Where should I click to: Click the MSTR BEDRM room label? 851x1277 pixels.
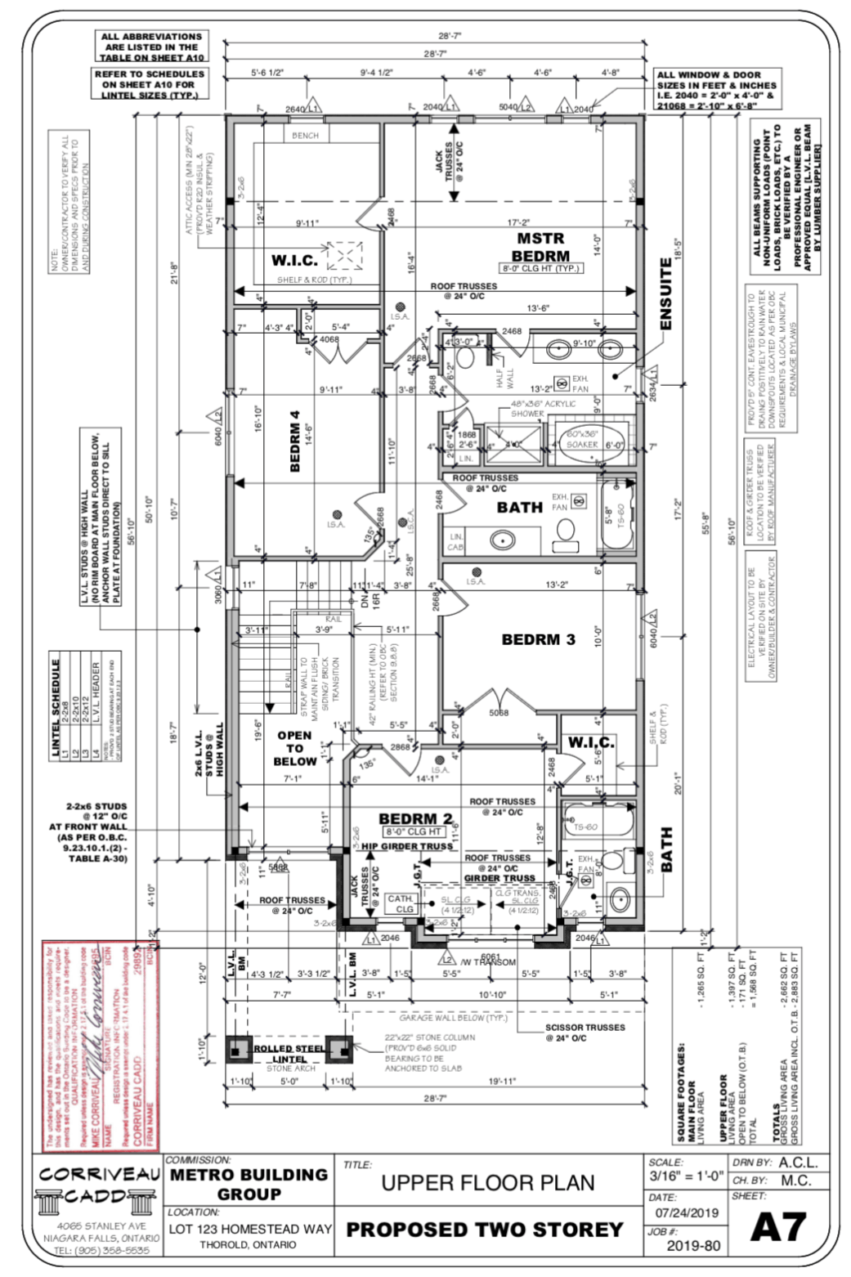point(540,247)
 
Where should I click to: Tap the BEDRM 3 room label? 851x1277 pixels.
point(538,639)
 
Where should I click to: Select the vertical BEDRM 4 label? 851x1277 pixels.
point(294,442)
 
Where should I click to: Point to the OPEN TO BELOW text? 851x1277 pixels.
point(294,748)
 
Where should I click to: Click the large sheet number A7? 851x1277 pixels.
point(778,1227)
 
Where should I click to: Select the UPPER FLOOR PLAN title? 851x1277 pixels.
point(488,1182)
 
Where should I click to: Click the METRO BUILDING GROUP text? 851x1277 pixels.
point(249,1184)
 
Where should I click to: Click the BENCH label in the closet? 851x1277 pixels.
point(305,135)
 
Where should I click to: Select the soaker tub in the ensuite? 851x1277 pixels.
point(582,443)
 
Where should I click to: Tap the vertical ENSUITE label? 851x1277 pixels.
point(665,294)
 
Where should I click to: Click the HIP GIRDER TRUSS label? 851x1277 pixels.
point(407,846)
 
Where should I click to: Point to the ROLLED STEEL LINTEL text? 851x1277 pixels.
point(289,1053)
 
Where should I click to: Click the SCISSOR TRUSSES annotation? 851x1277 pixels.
point(585,1032)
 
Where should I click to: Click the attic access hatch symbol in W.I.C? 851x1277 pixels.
point(343,256)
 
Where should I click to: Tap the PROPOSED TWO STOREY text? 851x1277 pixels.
point(484,1230)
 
